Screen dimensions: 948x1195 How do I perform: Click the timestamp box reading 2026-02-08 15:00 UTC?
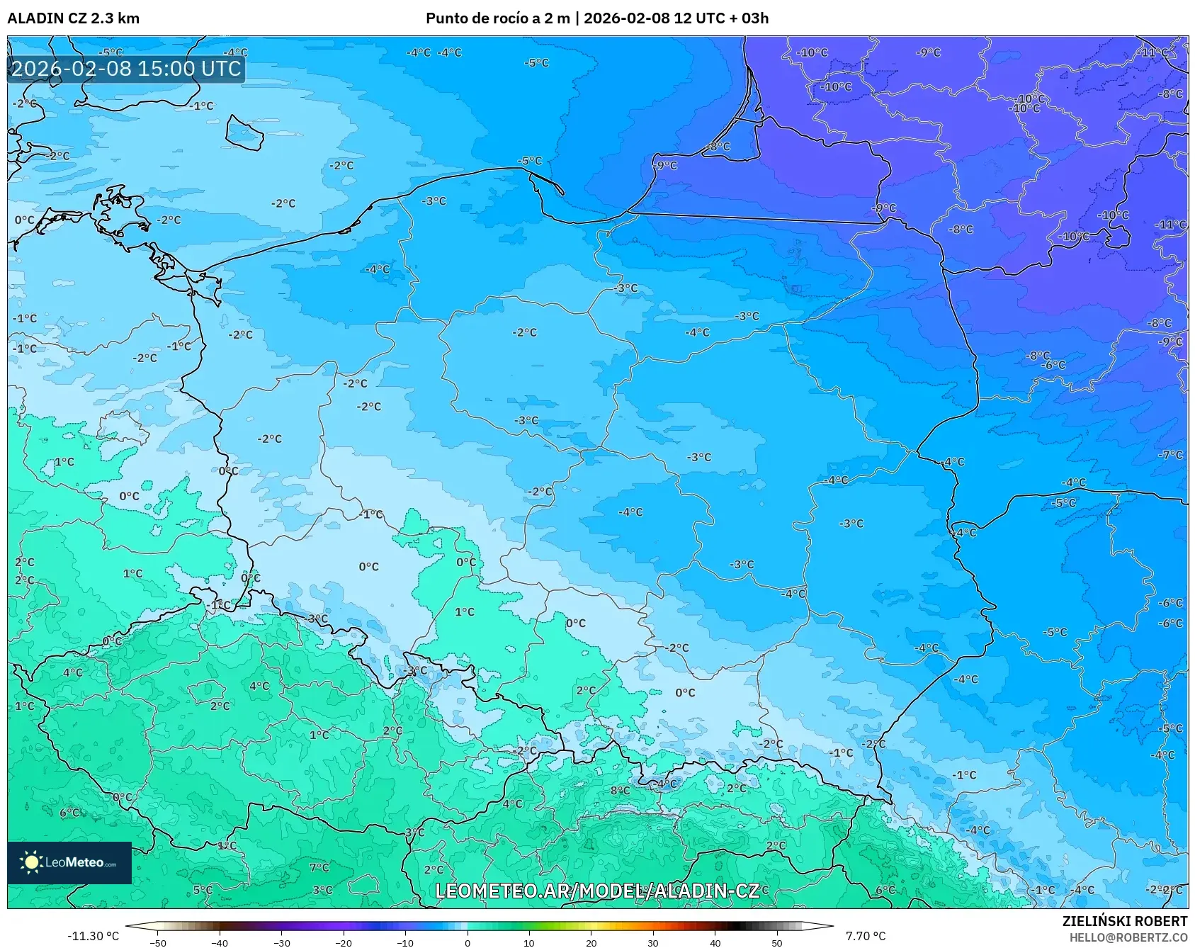(x=126, y=69)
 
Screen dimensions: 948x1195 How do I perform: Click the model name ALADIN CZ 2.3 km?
(x=74, y=18)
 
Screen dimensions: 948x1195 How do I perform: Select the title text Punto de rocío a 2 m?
(x=497, y=18)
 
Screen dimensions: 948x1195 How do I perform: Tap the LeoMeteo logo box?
(x=69, y=862)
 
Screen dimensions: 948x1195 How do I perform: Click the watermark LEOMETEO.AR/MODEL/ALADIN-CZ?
(x=597, y=891)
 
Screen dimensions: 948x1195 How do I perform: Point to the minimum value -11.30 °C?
(x=93, y=936)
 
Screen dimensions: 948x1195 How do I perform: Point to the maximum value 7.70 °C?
(x=865, y=936)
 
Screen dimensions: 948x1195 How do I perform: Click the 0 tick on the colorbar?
(x=467, y=942)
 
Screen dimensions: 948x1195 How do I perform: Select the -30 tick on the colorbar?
(x=282, y=942)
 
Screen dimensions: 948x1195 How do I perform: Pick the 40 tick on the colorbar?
(x=715, y=942)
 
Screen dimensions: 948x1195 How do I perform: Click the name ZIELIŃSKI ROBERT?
(x=1124, y=921)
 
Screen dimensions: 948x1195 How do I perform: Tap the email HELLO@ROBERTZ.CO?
(x=1128, y=937)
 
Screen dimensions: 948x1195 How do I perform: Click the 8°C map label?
(x=620, y=790)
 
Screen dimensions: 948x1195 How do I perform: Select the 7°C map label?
(x=319, y=867)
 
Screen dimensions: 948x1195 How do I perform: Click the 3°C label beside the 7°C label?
(x=322, y=889)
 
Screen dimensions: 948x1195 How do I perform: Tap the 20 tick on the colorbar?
(x=591, y=942)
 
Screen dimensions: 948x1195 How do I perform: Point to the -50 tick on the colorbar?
(x=158, y=942)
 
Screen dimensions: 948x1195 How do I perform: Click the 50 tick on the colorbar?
(x=776, y=942)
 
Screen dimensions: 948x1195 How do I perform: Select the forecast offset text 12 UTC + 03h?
(x=720, y=18)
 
